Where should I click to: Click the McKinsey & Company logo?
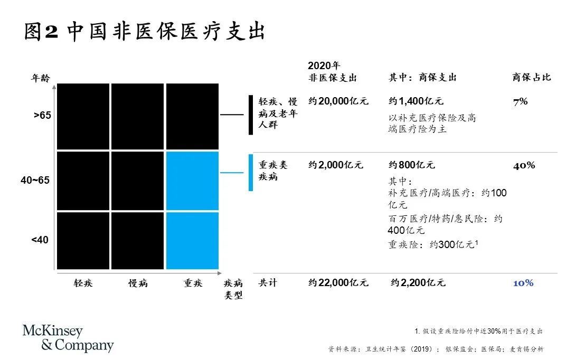68,338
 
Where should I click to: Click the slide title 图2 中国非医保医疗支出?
144,32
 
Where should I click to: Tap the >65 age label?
42,115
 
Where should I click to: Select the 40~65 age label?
35,181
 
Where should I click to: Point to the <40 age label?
40,240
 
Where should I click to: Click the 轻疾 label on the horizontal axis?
83,283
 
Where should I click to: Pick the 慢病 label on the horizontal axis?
138,283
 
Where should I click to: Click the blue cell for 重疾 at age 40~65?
192,181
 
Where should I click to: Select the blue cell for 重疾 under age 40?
192,241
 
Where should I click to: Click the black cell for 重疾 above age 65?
192,116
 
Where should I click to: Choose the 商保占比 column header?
531,78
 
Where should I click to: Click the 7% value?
520,101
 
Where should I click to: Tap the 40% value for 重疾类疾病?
524,165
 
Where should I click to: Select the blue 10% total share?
523,283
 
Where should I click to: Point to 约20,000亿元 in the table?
338,101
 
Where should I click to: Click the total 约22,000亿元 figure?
338,283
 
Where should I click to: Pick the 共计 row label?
268,283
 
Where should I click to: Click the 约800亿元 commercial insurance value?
412,165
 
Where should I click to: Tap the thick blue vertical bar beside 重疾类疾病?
251,173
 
